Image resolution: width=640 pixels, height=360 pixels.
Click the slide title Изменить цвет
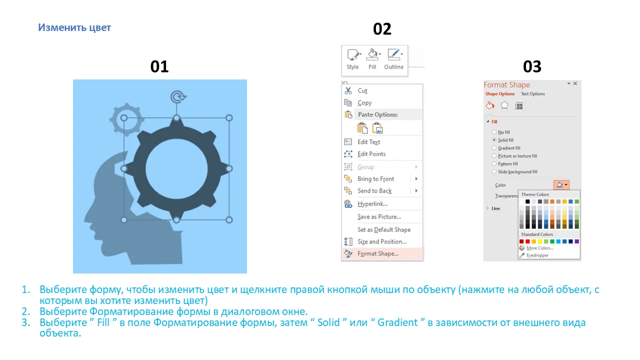[74, 27]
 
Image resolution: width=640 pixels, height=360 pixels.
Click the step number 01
[159, 66]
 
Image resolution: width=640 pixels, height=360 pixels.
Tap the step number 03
[532, 66]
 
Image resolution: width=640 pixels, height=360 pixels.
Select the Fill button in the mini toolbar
[372, 59]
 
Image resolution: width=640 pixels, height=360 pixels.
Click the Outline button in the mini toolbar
[393, 59]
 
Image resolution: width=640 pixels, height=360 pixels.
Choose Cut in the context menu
[362, 90]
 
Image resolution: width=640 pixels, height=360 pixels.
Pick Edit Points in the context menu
[371, 154]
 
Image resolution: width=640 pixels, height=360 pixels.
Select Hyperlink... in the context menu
[372, 203]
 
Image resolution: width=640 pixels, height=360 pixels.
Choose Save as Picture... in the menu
[379, 217]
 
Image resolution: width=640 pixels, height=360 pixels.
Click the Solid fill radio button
[494, 140]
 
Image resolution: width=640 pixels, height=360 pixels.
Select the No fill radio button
[494, 132]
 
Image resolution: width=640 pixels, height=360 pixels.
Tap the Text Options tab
[532, 93]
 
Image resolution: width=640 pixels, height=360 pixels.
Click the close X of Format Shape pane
[575, 83]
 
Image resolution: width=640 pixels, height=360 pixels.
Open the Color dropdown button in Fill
[561, 185]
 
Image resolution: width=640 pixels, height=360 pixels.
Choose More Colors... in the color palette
[540, 248]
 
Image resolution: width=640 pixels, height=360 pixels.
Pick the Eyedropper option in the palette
[537, 255]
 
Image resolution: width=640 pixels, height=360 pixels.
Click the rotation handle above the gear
[178, 97]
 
